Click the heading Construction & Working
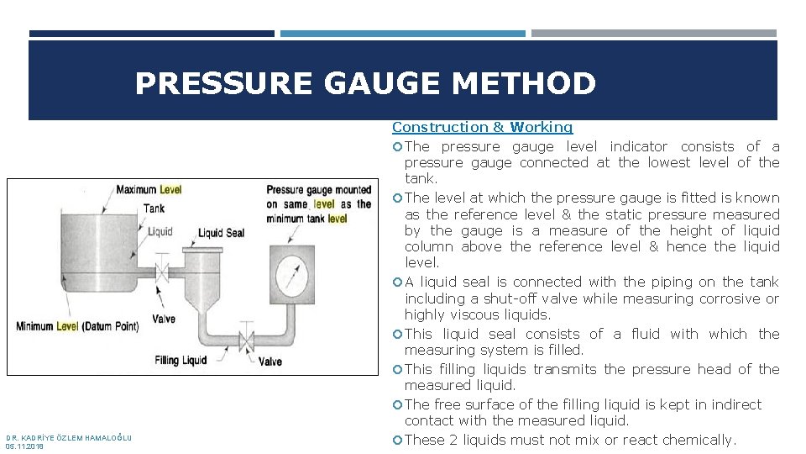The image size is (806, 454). point(482,127)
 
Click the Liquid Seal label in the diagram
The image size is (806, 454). point(221,233)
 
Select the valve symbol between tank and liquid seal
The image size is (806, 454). point(164,272)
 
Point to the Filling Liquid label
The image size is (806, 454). point(181,361)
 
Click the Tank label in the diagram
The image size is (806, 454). point(154,209)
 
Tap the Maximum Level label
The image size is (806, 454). point(148,190)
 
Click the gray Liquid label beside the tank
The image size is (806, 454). point(160,231)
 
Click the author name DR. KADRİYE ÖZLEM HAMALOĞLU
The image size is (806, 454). point(69,437)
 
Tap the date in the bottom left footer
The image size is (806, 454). point(24,446)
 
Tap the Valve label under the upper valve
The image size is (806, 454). point(165,319)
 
